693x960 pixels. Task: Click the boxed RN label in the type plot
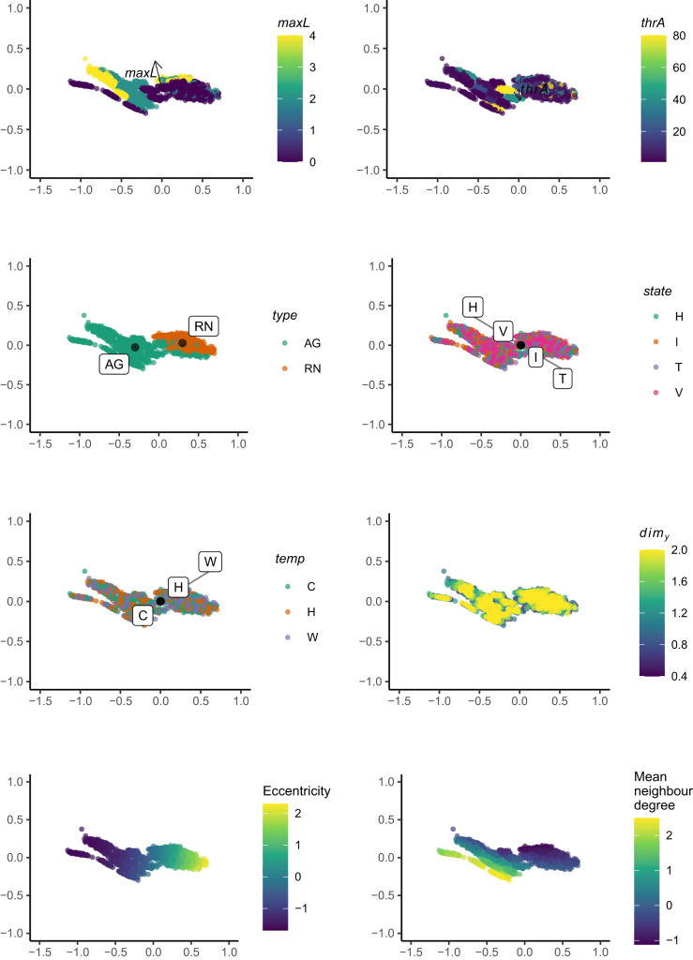[x=203, y=326]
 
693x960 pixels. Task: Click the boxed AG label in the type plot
[x=114, y=366]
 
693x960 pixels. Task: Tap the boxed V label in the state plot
[x=503, y=331]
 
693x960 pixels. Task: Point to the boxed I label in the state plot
[x=535, y=357]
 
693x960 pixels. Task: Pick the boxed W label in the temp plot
[x=211, y=562]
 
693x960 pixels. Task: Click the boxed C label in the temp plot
[x=142, y=616]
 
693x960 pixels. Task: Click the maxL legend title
[x=294, y=22]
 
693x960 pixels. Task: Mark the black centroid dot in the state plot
[x=520, y=345]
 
